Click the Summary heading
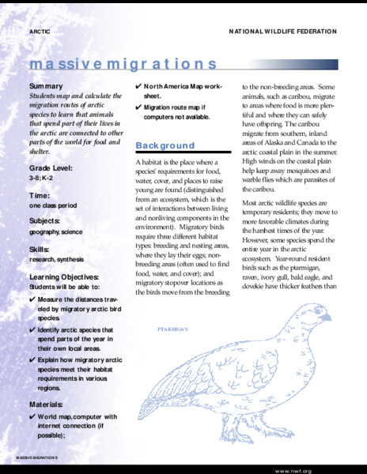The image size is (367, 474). (x=47, y=85)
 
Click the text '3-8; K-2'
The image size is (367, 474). (x=41, y=179)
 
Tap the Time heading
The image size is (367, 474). (x=40, y=195)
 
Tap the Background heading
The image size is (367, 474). (x=165, y=145)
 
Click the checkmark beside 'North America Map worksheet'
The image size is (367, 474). (x=139, y=85)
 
